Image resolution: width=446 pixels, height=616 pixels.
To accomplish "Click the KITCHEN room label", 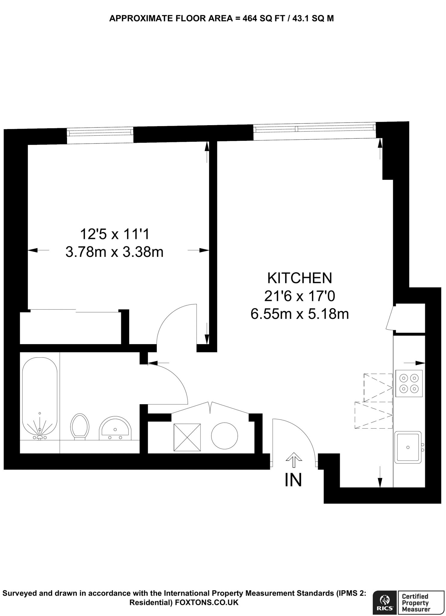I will pos(300,278).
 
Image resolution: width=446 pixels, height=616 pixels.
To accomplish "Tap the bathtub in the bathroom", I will pos(40,399).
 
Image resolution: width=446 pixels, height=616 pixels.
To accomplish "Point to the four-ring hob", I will pos(409,383).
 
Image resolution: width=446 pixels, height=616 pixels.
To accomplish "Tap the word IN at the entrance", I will pos(293,480).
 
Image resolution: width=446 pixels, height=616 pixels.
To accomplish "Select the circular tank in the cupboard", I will pos(225,436).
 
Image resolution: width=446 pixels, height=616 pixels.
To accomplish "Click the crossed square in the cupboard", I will pos(187,437).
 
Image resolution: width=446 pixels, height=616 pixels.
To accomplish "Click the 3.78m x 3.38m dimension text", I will pos(115,252).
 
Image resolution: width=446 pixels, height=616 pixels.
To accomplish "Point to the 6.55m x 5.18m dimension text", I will pos(300,314).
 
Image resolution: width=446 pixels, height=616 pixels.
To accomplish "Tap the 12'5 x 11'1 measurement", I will pos(115,234).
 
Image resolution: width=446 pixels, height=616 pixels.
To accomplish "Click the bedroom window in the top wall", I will pos(100,132).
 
